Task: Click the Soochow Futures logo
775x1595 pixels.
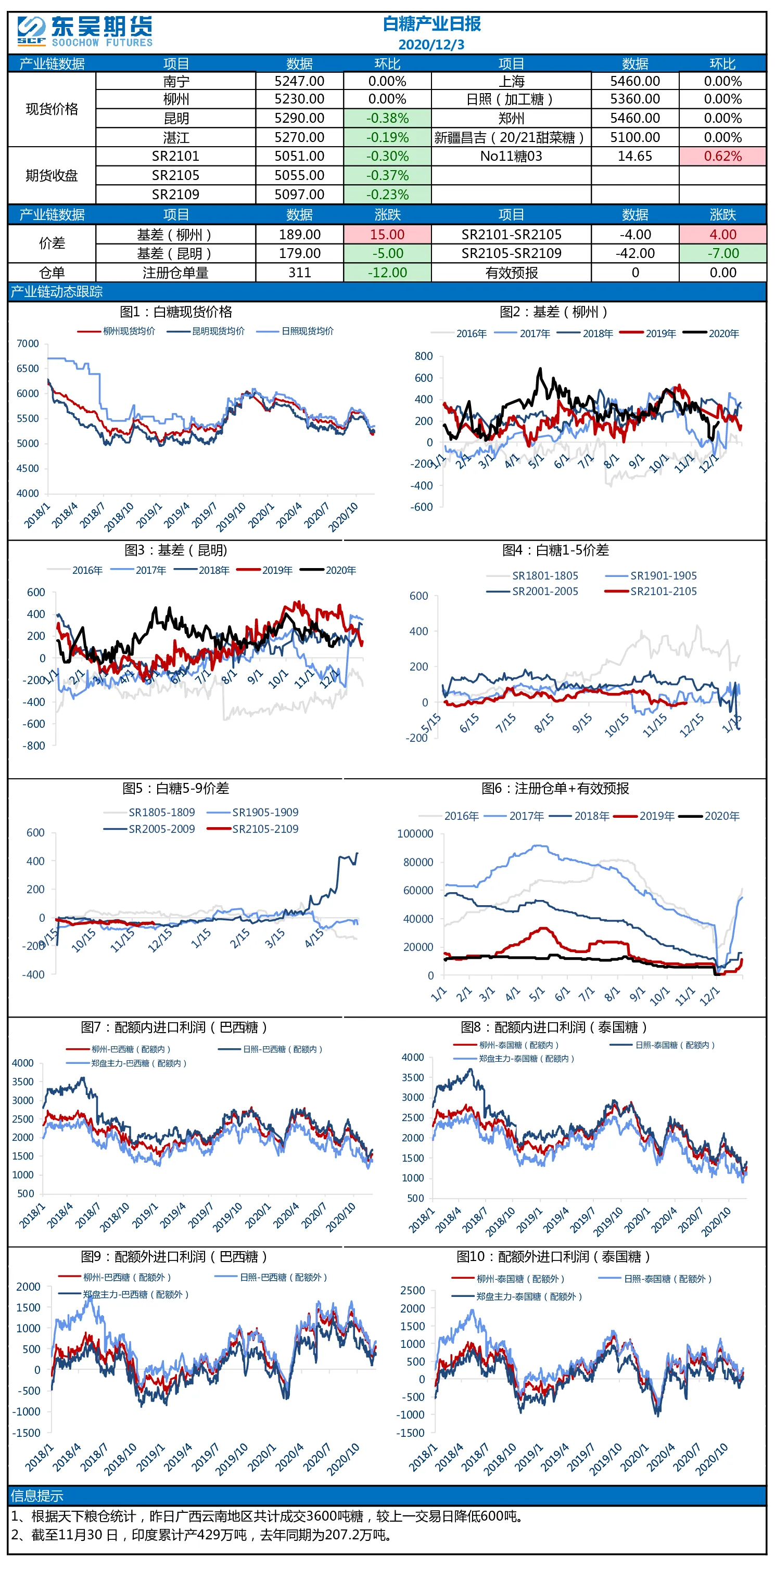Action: click(x=85, y=32)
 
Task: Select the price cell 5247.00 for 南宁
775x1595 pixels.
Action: click(x=299, y=81)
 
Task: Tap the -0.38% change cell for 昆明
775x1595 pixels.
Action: click(x=387, y=118)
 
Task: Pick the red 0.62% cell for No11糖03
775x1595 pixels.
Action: click(x=722, y=156)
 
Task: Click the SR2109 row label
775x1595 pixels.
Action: click(x=176, y=195)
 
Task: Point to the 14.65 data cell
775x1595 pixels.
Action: click(x=635, y=156)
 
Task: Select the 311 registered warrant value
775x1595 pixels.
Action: click(x=300, y=273)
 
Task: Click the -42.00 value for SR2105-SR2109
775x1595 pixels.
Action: click(x=635, y=253)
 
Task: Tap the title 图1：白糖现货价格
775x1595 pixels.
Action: click(x=176, y=312)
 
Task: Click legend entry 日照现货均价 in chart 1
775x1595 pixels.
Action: click(x=307, y=331)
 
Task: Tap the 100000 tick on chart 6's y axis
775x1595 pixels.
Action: click(x=415, y=834)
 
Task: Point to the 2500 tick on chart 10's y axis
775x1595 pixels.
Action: click(x=413, y=1290)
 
